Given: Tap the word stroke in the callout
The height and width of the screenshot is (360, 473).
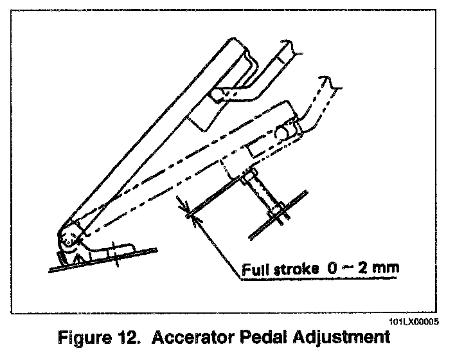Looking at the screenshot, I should point(292,269).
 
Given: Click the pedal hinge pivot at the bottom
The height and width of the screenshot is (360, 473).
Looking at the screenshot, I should point(69,239).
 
